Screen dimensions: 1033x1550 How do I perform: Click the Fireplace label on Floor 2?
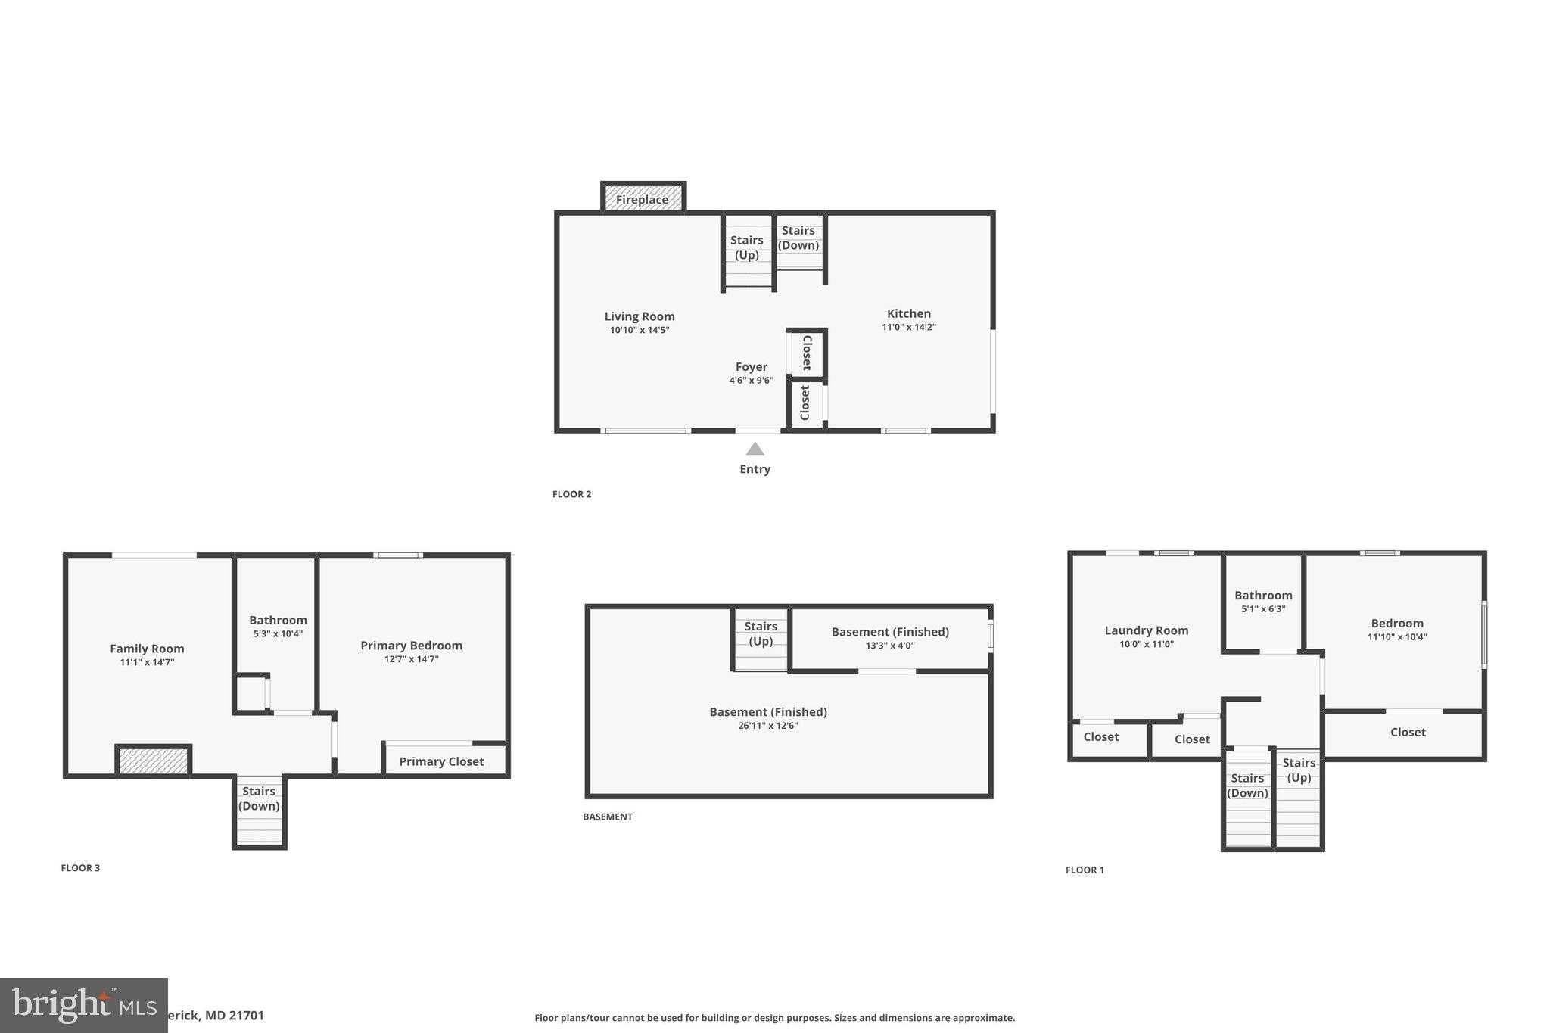642,200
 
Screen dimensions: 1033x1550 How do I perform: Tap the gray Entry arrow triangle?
755,449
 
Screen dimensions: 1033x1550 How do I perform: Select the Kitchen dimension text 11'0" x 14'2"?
908,327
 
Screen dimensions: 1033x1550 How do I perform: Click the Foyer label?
751,366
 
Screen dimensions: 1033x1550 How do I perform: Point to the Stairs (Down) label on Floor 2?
798,238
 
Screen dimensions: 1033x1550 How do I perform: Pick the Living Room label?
639,316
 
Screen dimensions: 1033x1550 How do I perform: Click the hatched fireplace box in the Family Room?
154,761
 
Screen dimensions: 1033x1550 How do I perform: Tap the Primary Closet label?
441,761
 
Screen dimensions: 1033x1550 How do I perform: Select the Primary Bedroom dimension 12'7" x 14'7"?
411,659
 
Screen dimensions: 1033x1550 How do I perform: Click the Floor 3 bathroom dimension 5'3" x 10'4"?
278,633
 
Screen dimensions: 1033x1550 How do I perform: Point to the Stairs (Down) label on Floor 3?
259,798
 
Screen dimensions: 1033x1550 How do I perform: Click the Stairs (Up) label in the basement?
761,633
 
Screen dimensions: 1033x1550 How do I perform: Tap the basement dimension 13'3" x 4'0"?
890,646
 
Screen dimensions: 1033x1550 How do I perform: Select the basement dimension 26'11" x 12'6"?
768,725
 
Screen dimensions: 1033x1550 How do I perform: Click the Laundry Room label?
1146,630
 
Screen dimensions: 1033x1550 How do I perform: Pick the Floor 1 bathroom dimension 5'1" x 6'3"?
1263,608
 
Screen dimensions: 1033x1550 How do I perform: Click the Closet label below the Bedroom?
1408,732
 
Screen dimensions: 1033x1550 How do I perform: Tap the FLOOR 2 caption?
571,494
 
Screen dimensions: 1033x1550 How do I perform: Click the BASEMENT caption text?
607,817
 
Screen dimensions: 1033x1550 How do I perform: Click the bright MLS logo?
83,1005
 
